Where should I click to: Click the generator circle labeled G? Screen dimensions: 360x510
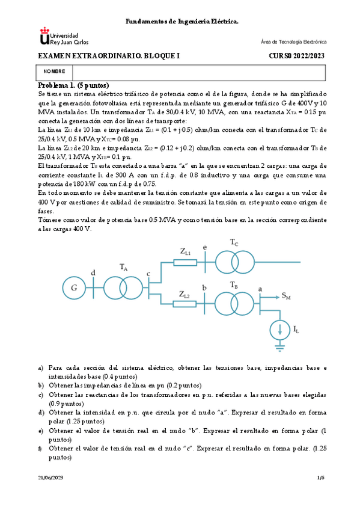[x=74, y=287]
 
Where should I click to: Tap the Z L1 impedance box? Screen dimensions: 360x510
[x=185, y=262]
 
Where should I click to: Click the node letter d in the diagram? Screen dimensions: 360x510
[x=93, y=274]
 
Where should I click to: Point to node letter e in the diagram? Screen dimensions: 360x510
[x=206, y=247]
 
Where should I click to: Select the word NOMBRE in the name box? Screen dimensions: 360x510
[x=55, y=71]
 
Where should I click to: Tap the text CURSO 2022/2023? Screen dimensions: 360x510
[x=296, y=56]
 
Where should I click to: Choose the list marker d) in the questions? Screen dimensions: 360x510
[x=40, y=413]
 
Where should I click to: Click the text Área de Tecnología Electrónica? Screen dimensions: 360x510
[x=294, y=42]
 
